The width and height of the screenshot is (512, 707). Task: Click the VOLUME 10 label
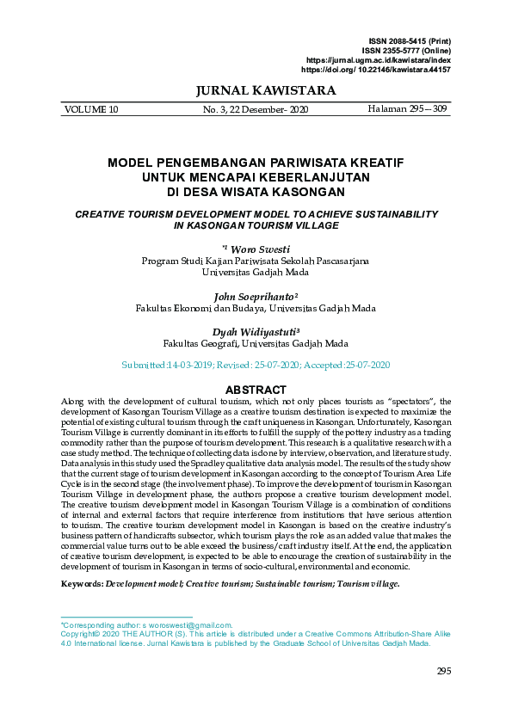(x=91, y=110)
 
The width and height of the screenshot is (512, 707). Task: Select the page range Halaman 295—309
(x=408, y=110)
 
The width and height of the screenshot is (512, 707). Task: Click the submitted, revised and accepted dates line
(x=256, y=366)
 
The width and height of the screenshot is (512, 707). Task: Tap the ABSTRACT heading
(x=256, y=390)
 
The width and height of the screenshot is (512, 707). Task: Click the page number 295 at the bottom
(x=444, y=672)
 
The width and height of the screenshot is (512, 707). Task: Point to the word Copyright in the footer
(x=78, y=634)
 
